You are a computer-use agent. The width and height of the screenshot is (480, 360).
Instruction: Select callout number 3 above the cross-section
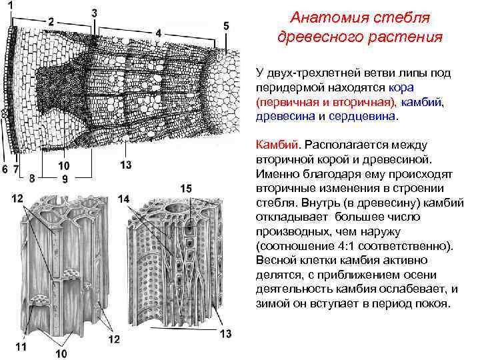[x=95, y=13]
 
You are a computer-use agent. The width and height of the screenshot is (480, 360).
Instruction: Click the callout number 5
[x=226, y=25]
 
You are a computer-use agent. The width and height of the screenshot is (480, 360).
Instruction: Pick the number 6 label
[x=5, y=169]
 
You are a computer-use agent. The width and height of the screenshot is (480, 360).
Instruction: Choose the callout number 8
[x=32, y=178]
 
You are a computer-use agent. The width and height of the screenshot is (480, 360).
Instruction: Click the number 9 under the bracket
[x=65, y=179]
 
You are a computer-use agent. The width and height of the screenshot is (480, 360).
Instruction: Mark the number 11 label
[x=21, y=346]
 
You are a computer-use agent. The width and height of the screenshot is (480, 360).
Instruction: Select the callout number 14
[x=123, y=198]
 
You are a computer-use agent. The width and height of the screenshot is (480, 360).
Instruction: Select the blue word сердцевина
[x=363, y=115]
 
